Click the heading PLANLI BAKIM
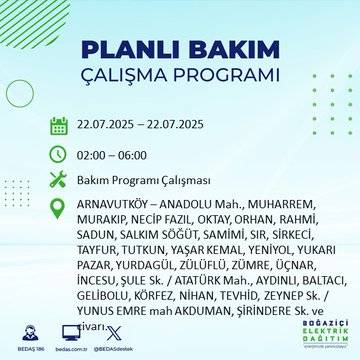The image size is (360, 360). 180,50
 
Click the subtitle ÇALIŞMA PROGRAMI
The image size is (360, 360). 180,76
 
